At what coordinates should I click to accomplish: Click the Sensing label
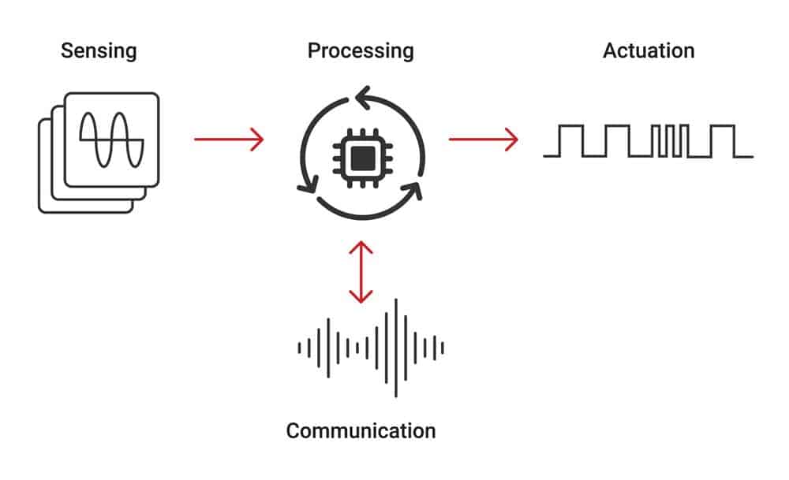[x=99, y=52]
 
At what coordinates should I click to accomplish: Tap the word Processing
[x=361, y=52]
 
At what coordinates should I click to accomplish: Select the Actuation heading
[x=649, y=52]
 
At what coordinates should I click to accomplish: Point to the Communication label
[x=361, y=431]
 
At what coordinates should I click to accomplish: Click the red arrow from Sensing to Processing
[x=229, y=140]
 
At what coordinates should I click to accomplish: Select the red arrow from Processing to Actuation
[x=483, y=140]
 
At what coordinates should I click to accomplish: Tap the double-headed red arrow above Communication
[x=361, y=273]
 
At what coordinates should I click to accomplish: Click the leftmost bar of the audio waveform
[x=299, y=347]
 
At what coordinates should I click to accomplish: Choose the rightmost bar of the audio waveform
[x=443, y=347]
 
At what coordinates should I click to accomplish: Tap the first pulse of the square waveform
[x=571, y=140]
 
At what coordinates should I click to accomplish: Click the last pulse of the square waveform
[x=722, y=140]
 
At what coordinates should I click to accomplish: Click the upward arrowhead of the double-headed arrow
[x=361, y=246]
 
